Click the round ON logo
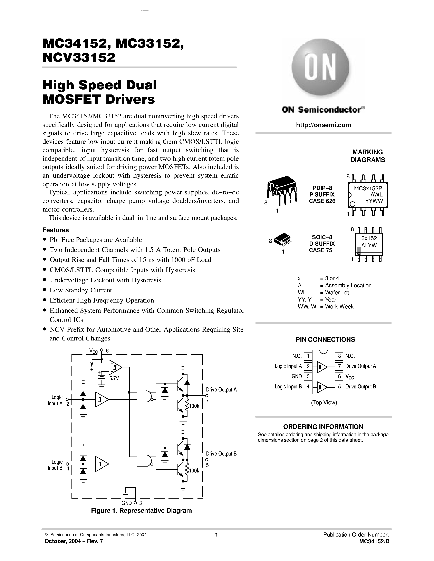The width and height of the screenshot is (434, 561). (320, 68)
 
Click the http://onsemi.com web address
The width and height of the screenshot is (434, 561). (323, 125)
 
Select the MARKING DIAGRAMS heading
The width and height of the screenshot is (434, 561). (367, 156)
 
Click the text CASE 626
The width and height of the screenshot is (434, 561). (322, 201)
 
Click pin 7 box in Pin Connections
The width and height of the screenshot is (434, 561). (339, 366)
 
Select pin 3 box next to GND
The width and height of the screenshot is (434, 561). (308, 377)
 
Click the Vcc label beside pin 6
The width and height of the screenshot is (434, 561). (350, 377)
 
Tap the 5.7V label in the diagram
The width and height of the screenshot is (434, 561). (114, 378)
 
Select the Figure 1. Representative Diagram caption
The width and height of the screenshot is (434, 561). (141, 510)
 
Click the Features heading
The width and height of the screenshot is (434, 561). (56, 230)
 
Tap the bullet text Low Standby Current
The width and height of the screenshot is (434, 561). (81, 290)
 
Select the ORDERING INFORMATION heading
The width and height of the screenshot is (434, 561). (323, 427)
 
